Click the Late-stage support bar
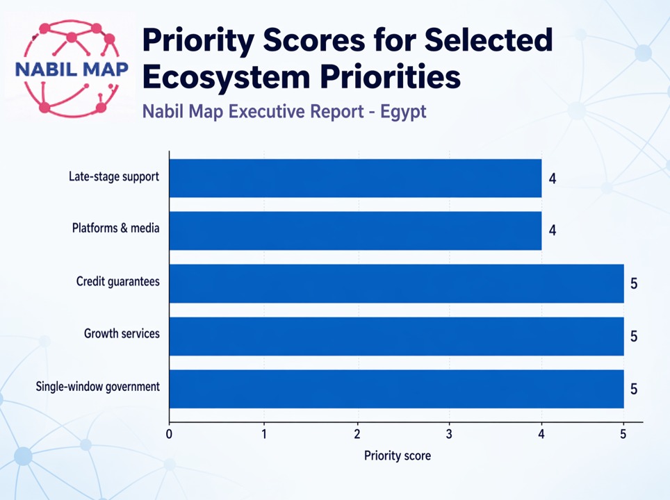tap(355, 178)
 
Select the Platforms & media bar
tap(355, 231)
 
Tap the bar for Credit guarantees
tap(396, 283)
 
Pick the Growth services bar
tap(396, 336)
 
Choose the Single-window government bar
tap(396, 389)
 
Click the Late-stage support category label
tap(114, 176)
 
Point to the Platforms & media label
tap(116, 228)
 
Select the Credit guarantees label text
tap(118, 281)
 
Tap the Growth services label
tap(122, 334)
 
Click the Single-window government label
tap(98, 386)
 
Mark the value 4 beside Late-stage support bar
tap(553, 179)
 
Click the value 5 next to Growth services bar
tap(634, 337)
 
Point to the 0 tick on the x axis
tap(170, 435)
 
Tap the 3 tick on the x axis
tap(449, 435)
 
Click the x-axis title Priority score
tap(398, 456)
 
